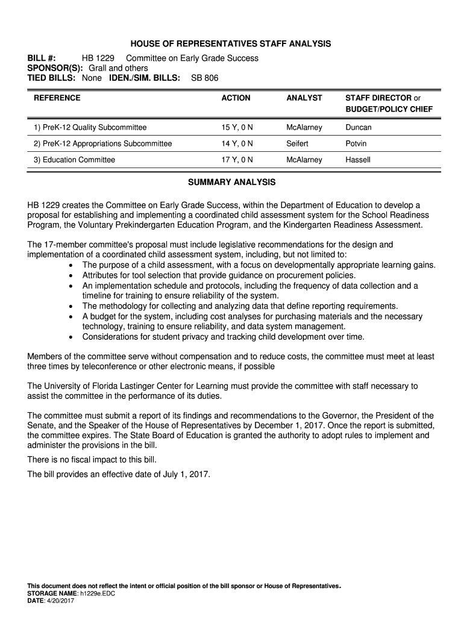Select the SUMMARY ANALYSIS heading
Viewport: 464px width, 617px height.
(232, 182)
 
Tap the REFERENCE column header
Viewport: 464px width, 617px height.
(57, 98)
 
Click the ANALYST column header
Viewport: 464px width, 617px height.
(304, 98)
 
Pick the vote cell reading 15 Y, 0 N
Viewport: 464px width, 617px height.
(237, 128)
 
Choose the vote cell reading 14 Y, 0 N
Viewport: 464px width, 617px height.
(237, 144)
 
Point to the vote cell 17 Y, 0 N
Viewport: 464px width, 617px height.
(237, 160)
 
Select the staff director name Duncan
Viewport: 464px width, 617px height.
(359, 128)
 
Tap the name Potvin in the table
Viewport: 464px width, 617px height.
(356, 144)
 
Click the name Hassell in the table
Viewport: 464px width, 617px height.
(358, 160)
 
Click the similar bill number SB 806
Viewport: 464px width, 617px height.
(204, 78)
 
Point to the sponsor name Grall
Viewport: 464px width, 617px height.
(99, 68)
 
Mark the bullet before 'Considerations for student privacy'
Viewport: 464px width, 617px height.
(72, 337)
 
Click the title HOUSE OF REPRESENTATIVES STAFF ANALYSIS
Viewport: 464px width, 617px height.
(232, 44)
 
